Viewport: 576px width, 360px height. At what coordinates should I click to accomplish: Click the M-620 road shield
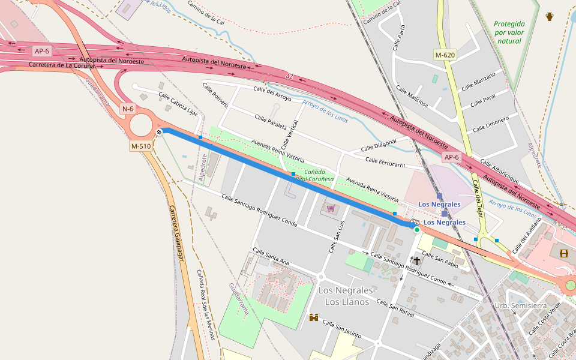445,55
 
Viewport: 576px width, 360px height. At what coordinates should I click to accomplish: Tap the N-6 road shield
128,109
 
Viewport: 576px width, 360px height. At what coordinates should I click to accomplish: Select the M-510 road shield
140,146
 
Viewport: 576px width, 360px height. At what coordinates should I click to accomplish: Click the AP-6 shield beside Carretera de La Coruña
41,51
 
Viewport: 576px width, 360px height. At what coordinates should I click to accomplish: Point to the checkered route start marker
159,132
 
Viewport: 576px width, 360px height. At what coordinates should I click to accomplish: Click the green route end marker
417,229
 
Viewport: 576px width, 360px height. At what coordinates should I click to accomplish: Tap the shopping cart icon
331,208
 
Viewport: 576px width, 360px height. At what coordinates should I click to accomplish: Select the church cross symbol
417,260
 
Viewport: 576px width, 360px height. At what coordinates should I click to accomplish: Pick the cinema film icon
563,253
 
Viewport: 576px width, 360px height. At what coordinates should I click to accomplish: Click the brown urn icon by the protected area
550,16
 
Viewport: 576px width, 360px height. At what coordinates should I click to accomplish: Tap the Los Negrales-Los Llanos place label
347,296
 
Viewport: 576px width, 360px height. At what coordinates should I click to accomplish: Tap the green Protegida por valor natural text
509,32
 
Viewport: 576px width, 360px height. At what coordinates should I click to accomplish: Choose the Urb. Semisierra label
520,305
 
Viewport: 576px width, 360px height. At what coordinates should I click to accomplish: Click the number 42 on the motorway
290,77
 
